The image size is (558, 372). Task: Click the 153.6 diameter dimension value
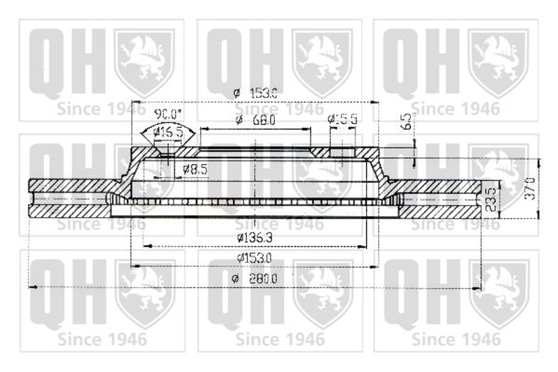(x=264, y=93)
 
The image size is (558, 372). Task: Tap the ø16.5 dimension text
(x=167, y=132)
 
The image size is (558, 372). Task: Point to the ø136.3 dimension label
(x=254, y=237)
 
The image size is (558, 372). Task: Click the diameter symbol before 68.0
(x=239, y=120)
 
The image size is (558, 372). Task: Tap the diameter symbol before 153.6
(x=236, y=93)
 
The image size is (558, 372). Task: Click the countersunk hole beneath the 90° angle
(x=165, y=147)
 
